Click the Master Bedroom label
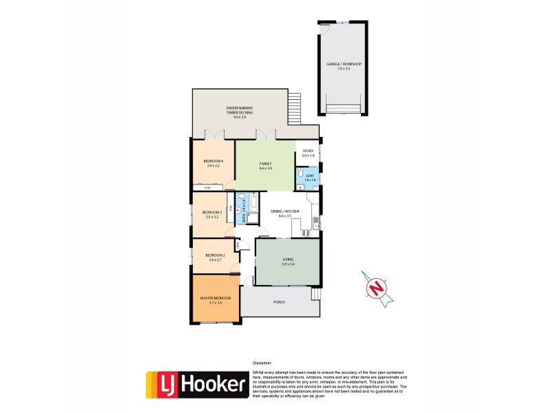click(215, 297)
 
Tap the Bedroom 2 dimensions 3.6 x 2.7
click(215, 260)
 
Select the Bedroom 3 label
click(211, 212)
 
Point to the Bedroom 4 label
click(214, 161)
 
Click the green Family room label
click(265, 163)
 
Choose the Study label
click(308, 151)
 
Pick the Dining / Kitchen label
click(281, 211)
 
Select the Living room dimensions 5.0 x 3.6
click(288, 264)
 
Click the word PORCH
click(279, 302)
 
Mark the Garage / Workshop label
click(344, 64)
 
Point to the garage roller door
click(342, 109)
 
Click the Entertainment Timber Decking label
click(240, 108)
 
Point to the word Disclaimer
click(262, 362)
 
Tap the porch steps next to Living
click(316, 294)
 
